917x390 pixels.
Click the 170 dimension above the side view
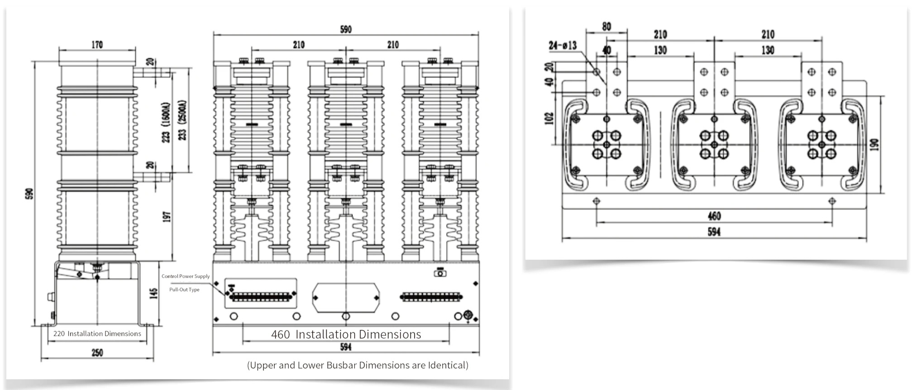click(97, 45)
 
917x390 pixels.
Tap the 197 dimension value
click(167, 217)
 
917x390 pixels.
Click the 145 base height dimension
click(154, 294)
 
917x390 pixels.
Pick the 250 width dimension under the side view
click(97, 352)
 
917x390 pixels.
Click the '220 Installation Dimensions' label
click(97, 334)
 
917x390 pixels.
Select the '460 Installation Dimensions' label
click(346, 334)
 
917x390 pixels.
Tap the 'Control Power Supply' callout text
click(186, 276)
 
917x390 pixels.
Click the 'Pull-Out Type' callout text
click(184, 290)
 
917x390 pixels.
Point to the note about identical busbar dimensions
click(358, 365)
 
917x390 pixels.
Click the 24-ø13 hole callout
click(563, 45)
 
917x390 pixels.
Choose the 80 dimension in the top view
click(607, 27)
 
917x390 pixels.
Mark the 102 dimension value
click(549, 119)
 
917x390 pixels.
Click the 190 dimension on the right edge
click(875, 144)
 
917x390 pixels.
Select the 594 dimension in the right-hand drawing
click(714, 232)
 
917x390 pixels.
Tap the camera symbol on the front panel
click(440, 273)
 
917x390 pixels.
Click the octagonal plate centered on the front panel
click(346, 298)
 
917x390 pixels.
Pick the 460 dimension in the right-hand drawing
click(714, 216)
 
